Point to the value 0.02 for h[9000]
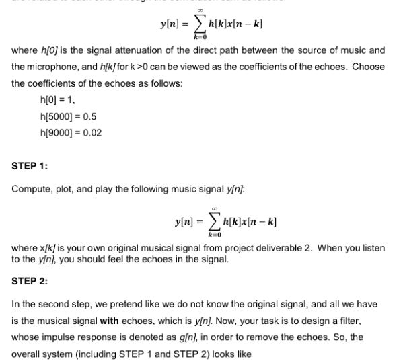[x=92, y=132]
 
